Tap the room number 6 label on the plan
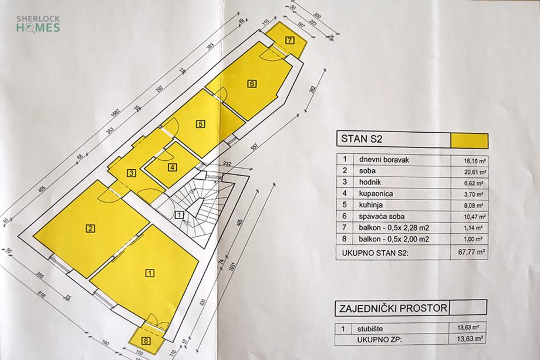point(252,83)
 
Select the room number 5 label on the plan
point(201,124)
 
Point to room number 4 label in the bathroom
point(171,167)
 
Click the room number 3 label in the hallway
point(131,173)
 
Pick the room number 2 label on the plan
point(91,229)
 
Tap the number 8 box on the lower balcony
point(145,341)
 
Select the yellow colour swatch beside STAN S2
point(468,140)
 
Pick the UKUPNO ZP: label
point(377,339)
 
